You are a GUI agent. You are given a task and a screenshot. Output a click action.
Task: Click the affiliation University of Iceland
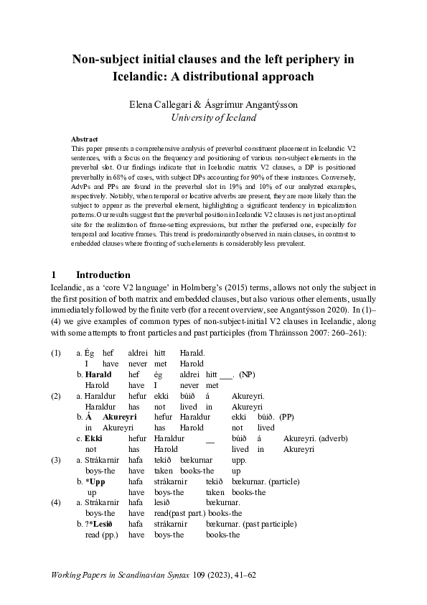[x=213, y=117]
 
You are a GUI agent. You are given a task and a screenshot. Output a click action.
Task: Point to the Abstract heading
[x=85, y=139]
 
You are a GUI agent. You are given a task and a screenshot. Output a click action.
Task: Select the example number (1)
[x=56, y=354]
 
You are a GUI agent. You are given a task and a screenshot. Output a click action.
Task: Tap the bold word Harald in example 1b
[x=98, y=374]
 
